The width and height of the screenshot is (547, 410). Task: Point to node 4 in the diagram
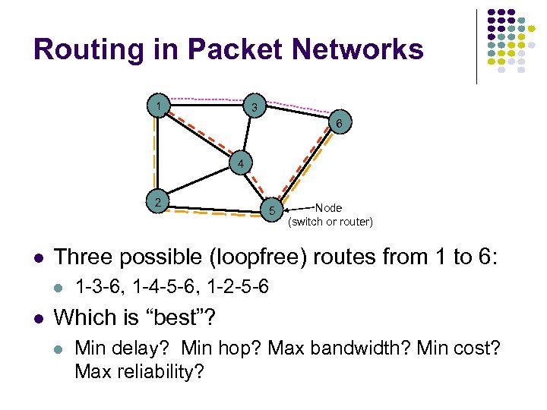coord(240,164)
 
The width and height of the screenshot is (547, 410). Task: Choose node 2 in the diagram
coord(157,201)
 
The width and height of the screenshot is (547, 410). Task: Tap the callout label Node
coord(328,207)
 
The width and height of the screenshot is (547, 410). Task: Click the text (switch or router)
coord(330,222)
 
